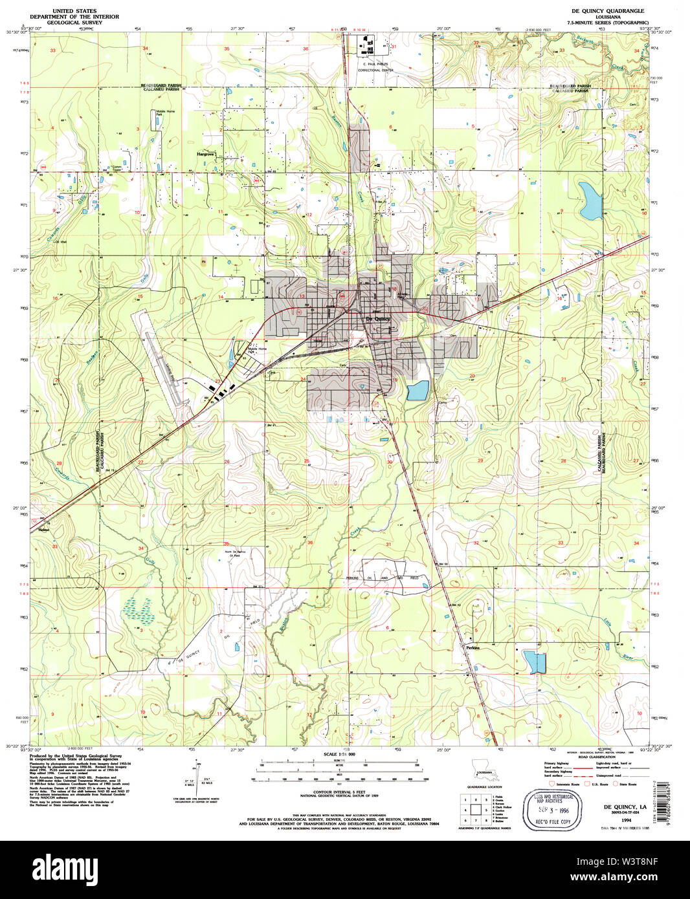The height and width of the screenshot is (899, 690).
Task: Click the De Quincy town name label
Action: [x=378, y=319]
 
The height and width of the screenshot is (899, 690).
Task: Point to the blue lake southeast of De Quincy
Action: [x=418, y=391]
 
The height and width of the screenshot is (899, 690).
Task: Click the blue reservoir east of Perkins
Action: [x=535, y=662]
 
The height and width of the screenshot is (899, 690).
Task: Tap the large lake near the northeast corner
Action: [x=590, y=201]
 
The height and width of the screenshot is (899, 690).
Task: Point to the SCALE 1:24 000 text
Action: [x=339, y=755]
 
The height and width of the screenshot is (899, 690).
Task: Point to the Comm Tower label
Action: [x=117, y=168]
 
